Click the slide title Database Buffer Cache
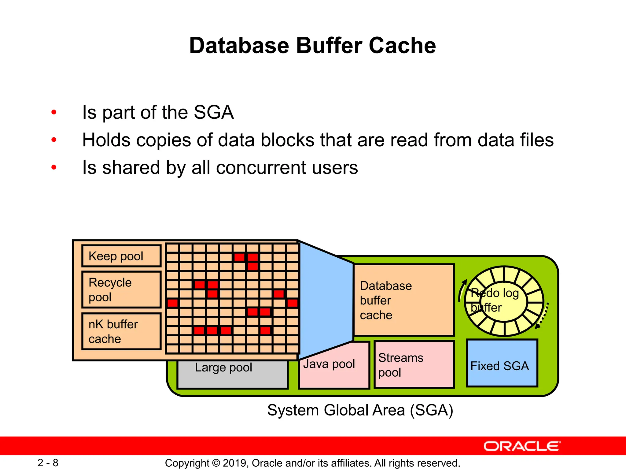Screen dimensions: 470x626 [312, 46]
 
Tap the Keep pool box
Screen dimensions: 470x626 [121, 256]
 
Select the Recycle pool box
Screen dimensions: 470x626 [121, 289]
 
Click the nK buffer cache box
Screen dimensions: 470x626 [121, 331]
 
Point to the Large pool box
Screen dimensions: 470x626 [232, 375]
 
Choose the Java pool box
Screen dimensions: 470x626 [334, 367]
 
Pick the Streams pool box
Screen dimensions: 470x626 [414, 365]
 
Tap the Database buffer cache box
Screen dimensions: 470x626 [403, 300]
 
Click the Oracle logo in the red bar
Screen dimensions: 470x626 [522, 446]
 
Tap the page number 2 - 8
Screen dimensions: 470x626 [48, 463]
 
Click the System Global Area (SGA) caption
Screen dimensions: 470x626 [360, 410]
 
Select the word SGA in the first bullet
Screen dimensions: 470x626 [214, 112]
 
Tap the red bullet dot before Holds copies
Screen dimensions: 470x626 [54, 140]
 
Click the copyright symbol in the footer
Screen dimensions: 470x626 [216, 463]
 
